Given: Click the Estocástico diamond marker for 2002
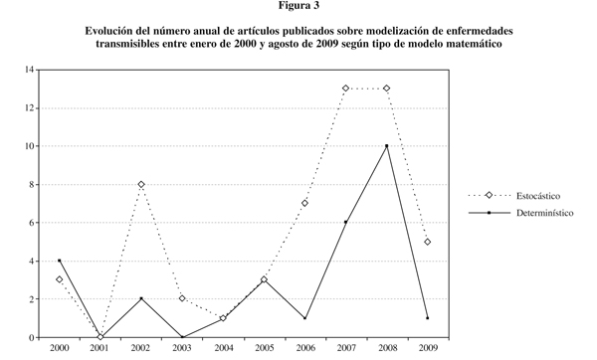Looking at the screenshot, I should click(141, 184).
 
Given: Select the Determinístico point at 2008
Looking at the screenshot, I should click(386, 146).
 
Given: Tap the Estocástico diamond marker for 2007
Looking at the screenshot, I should click(345, 89).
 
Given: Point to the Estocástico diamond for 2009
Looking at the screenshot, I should click(427, 242).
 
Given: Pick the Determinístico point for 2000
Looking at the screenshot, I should click(60, 261).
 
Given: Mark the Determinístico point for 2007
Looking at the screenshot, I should click(345, 223).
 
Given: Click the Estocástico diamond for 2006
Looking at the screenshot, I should click(304, 203).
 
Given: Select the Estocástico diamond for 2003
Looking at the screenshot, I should click(182, 298).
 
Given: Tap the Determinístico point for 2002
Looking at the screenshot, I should click(141, 298).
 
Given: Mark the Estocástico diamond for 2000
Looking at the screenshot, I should click(60, 279).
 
